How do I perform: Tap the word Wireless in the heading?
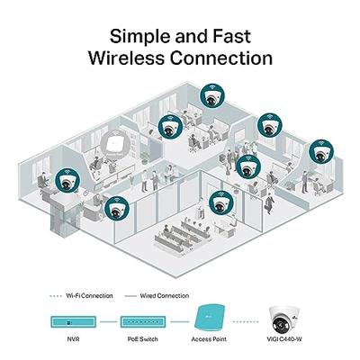(x=128, y=58)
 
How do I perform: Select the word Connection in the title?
(x=220, y=58)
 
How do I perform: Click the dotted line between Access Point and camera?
(x=247, y=320)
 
